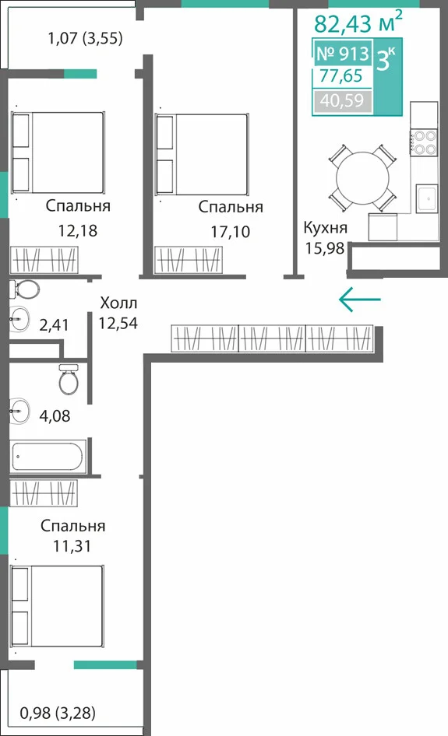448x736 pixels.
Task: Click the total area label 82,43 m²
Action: click(x=358, y=22)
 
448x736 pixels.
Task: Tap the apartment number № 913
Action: click(x=343, y=54)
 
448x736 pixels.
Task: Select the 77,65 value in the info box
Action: click(x=341, y=75)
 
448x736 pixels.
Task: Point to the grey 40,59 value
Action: click(x=342, y=100)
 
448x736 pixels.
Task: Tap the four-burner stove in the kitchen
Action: click(x=425, y=142)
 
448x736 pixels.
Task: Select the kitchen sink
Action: click(x=427, y=199)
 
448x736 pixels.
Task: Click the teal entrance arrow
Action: click(x=360, y=299)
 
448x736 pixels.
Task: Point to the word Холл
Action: click(x=118, y=303)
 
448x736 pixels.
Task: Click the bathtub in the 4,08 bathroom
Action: click(x=48, y=455)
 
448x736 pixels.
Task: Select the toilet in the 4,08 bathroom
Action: click(x=69, y=378)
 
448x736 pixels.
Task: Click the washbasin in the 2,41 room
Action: click(x=19, y=319)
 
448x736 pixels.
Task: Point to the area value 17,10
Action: click(x=230, y=231)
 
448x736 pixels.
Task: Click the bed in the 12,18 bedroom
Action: click(x=58, y=152)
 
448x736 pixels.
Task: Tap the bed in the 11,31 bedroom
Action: click(x=57, y=606)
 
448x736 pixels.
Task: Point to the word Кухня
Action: click(x=326, y=228)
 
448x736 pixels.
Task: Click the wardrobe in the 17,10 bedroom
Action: click(x=188, y=260)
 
